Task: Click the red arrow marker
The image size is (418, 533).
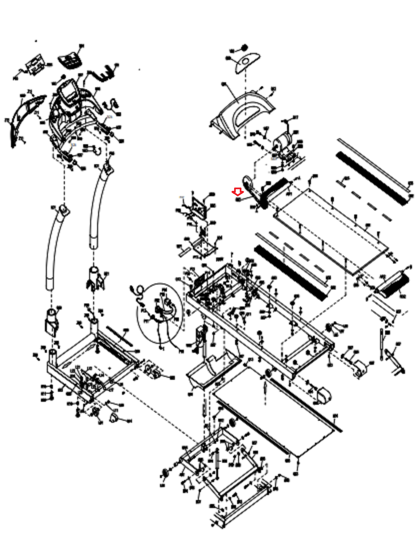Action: click(x=237, y=192)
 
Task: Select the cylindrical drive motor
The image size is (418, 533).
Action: click(x=282, y=140)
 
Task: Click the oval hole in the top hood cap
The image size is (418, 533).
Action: click(x=246, y=61)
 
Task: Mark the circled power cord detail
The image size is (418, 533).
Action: click(x=160, y=311)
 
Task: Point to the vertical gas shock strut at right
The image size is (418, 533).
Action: click(x=382, y=343)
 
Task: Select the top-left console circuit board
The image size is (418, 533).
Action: click(x=35, y=63)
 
